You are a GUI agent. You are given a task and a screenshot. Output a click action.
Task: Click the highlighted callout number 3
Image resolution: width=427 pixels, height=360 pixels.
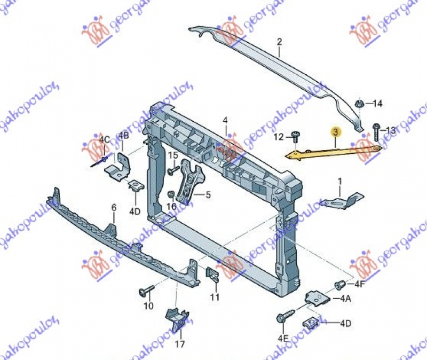click(x=335, y=132)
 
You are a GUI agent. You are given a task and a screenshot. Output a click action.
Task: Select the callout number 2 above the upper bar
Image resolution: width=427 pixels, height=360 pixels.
click(x=279, y=41)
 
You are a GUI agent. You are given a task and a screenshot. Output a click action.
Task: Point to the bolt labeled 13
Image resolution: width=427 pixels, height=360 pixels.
click(x=376, y=129)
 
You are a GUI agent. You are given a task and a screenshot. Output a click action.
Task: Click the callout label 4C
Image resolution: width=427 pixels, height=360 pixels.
click(x=104, y=140)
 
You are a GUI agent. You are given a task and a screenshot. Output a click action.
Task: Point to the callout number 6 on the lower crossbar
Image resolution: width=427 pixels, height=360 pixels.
click(x=113, y=207)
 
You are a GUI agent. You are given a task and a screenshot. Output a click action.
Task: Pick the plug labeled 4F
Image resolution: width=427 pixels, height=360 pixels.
click(x=337, y=284)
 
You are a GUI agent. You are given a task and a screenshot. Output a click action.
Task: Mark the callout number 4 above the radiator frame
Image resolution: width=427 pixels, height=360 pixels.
click(x=225, y=121)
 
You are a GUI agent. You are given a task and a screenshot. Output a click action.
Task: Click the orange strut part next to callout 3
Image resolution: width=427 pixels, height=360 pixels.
click(x=331, y=151)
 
